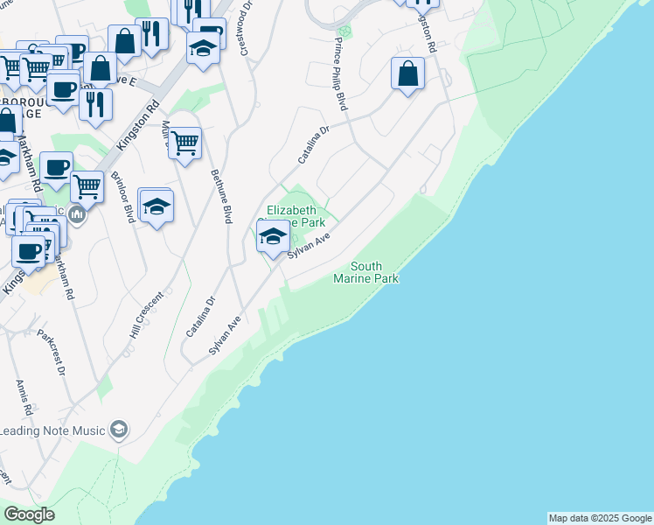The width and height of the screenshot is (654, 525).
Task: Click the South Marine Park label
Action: pos(365,272)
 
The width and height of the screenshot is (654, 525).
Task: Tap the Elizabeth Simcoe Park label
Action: pos(302,216)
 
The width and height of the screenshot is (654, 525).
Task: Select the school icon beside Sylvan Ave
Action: pos(273,235)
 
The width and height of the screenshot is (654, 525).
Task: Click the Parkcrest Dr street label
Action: pos(52,352)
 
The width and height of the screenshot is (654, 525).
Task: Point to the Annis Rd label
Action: pos(24,397)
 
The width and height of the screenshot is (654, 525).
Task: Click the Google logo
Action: pos(28,514)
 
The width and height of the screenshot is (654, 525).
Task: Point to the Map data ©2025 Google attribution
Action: pos(601,518)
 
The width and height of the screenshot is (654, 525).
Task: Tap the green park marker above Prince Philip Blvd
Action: pos(344,31)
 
